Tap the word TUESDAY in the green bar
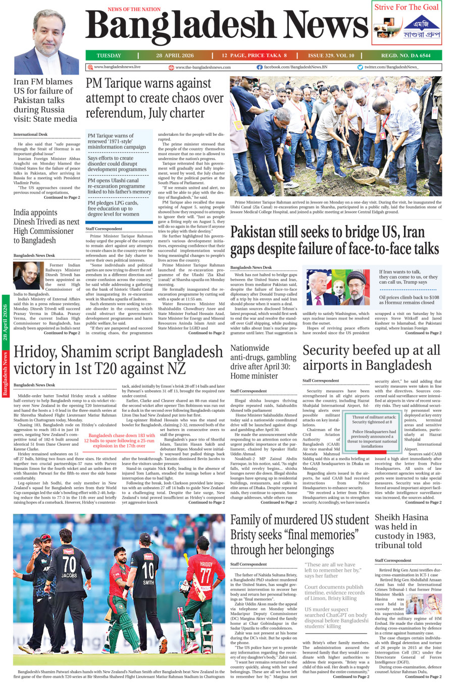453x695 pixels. click(109, 56)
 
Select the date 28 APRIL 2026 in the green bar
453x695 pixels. click(175, 56)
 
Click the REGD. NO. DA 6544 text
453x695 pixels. click(406, 56)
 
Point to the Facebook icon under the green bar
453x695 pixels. click(260, 67)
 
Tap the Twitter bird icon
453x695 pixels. click(360, 67)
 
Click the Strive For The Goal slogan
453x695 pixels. click(406, 7)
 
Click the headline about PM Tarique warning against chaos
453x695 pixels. click(155, 98)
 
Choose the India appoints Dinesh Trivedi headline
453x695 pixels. click(46, 226)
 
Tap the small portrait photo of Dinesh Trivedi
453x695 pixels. click(28, 276)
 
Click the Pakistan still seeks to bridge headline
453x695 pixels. click(334, 241)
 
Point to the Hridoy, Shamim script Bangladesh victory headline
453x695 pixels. click(118, 360)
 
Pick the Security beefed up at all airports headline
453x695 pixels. click(371, 357)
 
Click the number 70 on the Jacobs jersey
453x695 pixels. click(69, 564)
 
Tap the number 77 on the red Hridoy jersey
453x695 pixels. click(206, 575)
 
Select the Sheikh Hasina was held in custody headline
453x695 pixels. click(405, 531)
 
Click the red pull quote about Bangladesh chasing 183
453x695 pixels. click(119, 440)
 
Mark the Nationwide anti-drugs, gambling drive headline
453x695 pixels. click(263, 361)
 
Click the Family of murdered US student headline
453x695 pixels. click(299, 534)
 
